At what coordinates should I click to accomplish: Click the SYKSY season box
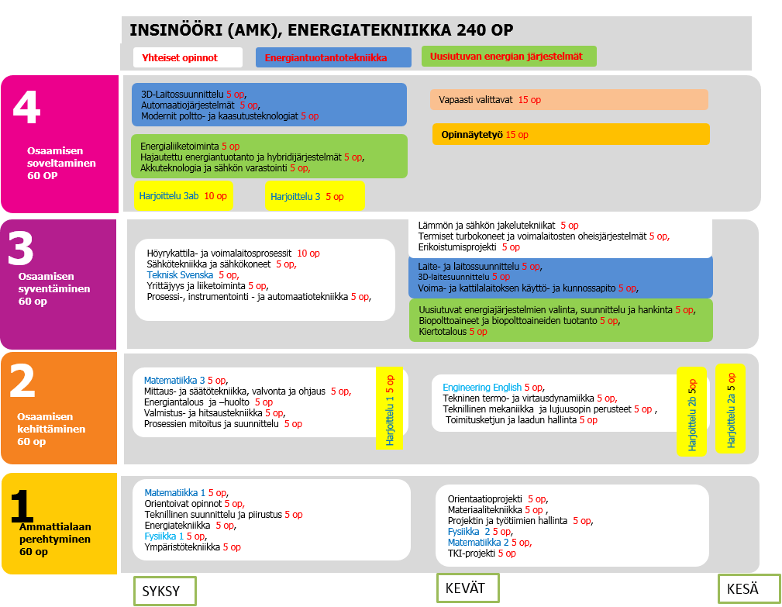pyautogui.click(x=164, y=591)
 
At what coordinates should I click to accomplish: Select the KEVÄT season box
pyautogui.click(x=467, y=588)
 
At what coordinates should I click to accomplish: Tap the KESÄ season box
pyautogui.click(x=749, y=589)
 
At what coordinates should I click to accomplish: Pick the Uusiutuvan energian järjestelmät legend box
pyautogui.click(x=508, y=57)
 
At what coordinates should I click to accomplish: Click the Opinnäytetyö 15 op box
pyautogui.click(x=570, y=135)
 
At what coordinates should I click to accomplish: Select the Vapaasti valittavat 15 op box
pyautogui.click(x=569, y=100)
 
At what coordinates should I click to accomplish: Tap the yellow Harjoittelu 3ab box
pyautogui.click(x=183, y=196)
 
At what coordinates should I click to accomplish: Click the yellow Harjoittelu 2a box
pyautogui.click(x=730, y=409)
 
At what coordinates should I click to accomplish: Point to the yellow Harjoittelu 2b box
pyautogui.click(x=691, y=414)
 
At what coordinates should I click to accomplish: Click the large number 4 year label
pyautogui.click(x=27, y=107)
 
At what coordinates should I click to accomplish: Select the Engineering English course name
pyautogui.click(x=481, y=388)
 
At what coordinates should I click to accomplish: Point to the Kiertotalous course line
pyautogui.click(x=443, y=332)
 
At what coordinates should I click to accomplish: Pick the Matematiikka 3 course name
pyautogui.click(x=174, y=381)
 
